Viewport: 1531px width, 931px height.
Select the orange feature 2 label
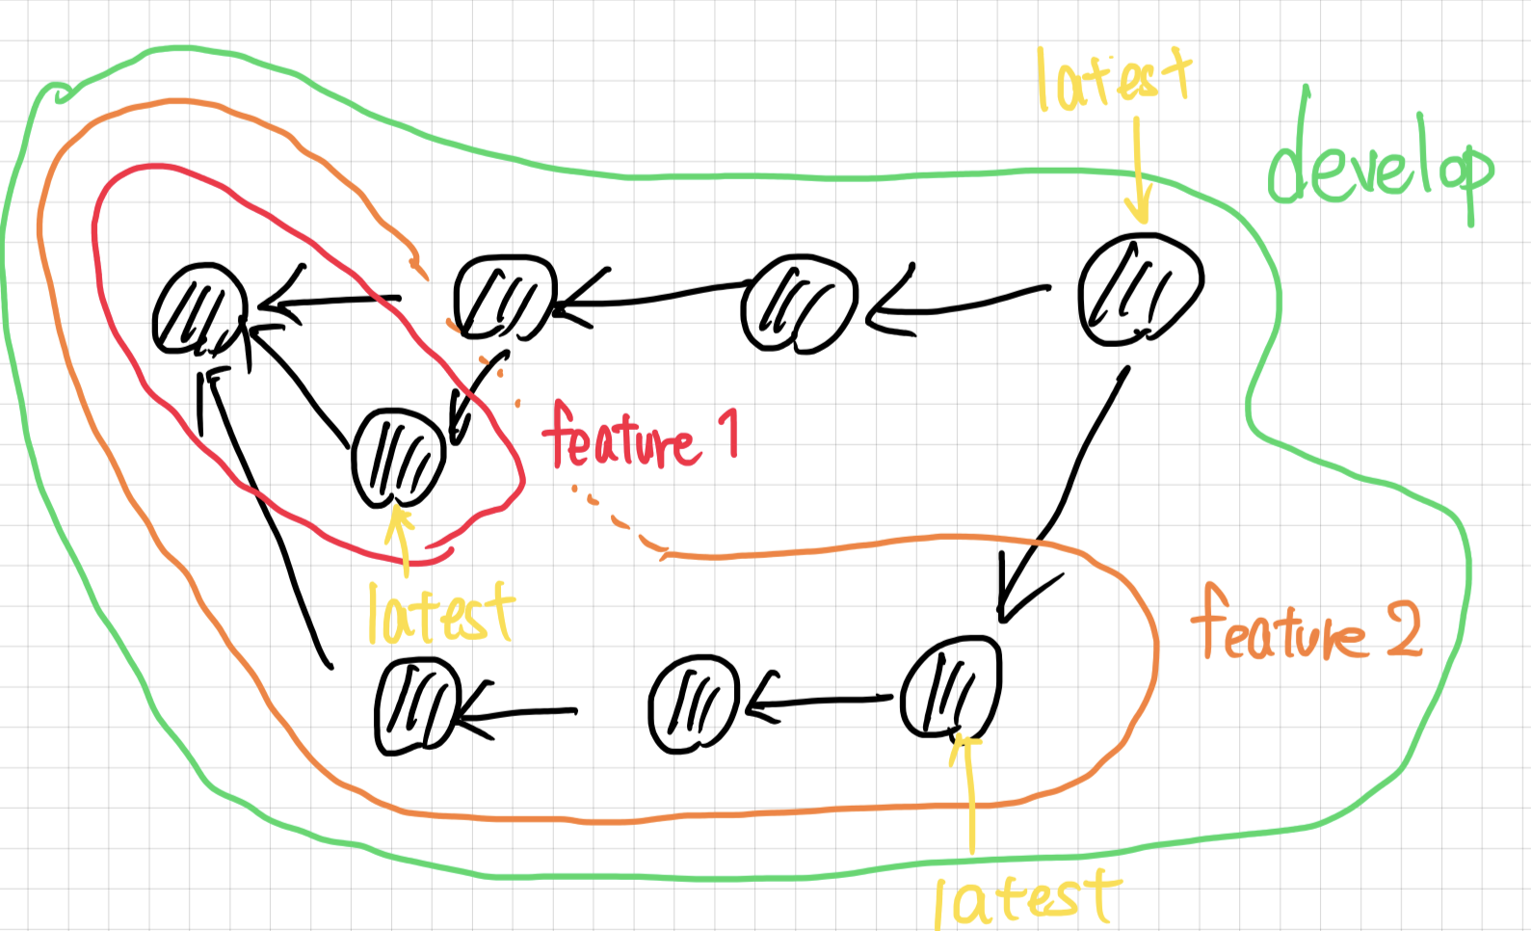(x=1305, y=626)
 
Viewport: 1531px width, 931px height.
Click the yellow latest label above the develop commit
(x=1113, y=79)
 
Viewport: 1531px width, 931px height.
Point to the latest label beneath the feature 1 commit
(x=440, y=613)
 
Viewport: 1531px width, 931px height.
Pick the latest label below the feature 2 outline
(x=1026, y=898)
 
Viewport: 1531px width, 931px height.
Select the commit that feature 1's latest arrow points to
(x=398, y=458)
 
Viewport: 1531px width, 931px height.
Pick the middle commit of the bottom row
(x=694, y=705)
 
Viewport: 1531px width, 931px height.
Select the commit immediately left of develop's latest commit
(x=799, y=304)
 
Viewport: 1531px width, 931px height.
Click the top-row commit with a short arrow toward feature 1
(x=504, y=297)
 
